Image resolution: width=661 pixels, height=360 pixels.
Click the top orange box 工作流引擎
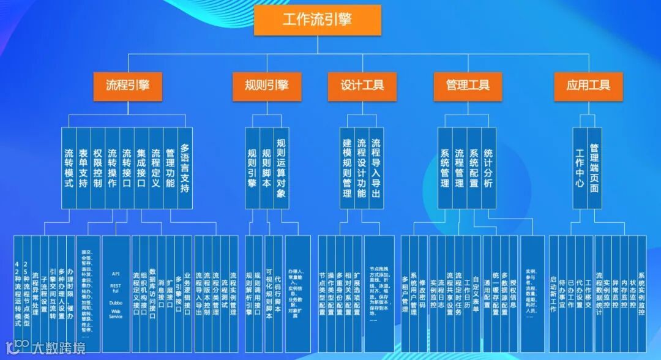click(317, 20)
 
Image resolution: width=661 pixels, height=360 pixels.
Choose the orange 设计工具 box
click(362, 85)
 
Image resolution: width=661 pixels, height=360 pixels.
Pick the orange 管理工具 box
click(468, 85)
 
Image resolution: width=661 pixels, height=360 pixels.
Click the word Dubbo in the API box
click(116, 302)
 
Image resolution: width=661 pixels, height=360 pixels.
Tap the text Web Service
click(116, 313)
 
